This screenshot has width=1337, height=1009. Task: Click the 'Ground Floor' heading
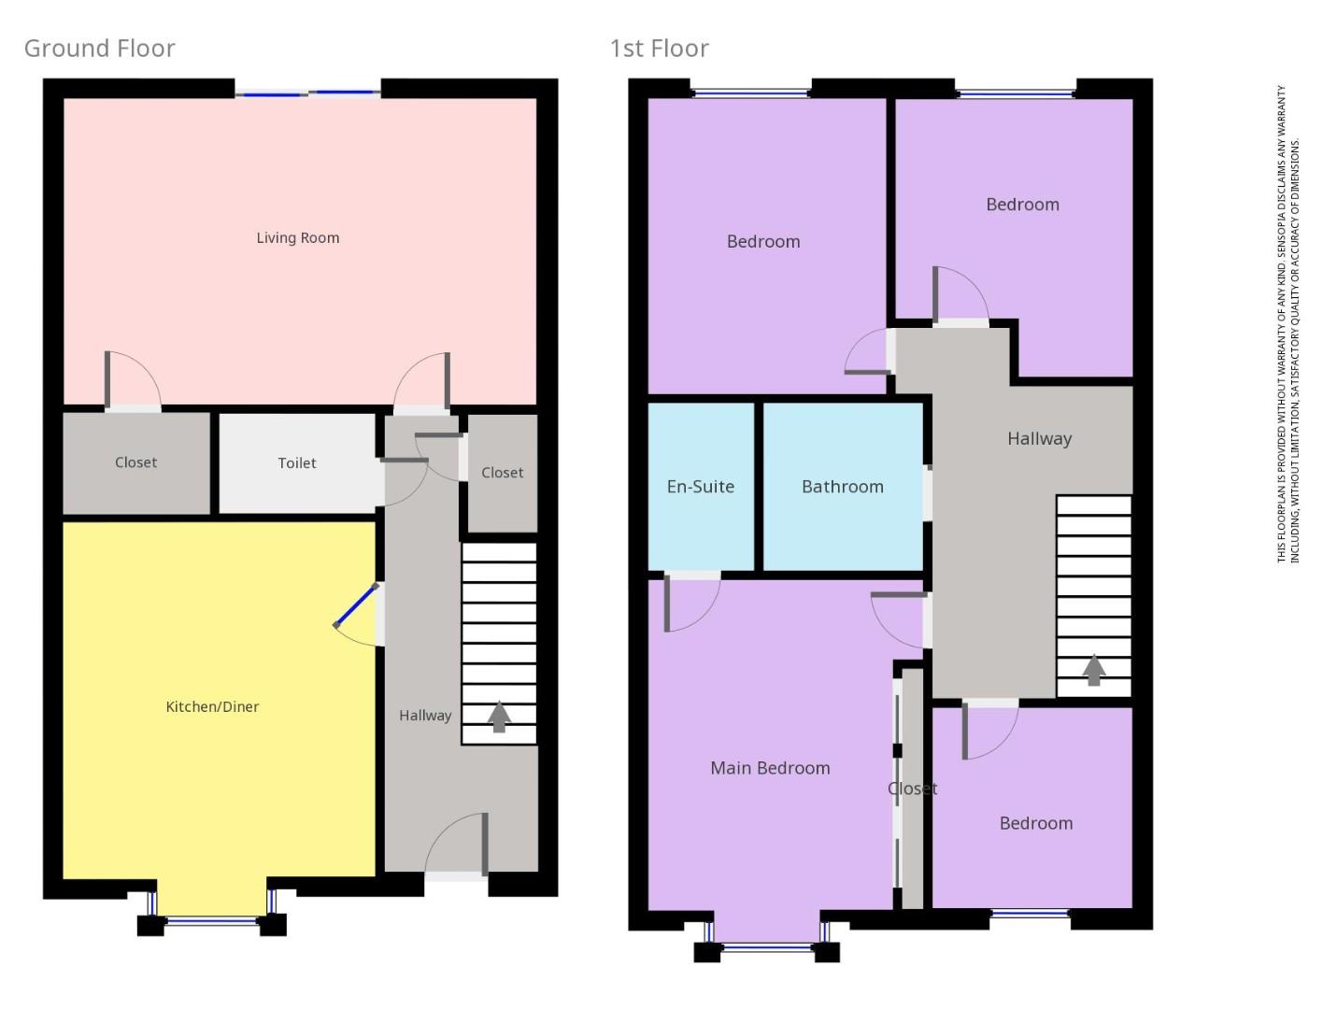99,49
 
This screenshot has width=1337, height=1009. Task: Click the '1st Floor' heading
659,49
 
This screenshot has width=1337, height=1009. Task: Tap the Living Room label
298,238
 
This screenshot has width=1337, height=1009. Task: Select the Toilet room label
297,463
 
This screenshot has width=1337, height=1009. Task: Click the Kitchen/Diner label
212,707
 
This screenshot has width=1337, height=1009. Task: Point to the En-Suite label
700,487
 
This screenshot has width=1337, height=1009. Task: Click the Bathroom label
842,487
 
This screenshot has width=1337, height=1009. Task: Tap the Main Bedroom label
770,768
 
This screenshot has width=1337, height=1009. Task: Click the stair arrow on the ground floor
500,717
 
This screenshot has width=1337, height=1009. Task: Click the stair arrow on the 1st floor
1094,670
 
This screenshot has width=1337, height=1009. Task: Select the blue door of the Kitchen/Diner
356,605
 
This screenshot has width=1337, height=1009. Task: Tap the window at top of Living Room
307,92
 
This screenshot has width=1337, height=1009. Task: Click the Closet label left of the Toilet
135,462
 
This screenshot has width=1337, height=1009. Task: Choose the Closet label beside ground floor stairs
502,473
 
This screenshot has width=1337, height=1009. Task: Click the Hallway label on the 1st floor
1039,439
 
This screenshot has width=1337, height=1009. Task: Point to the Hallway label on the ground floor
425,716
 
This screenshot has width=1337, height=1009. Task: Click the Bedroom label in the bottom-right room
1035,823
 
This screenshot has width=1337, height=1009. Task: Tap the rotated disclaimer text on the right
1288,324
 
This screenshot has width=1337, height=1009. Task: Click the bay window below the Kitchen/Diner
212,921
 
